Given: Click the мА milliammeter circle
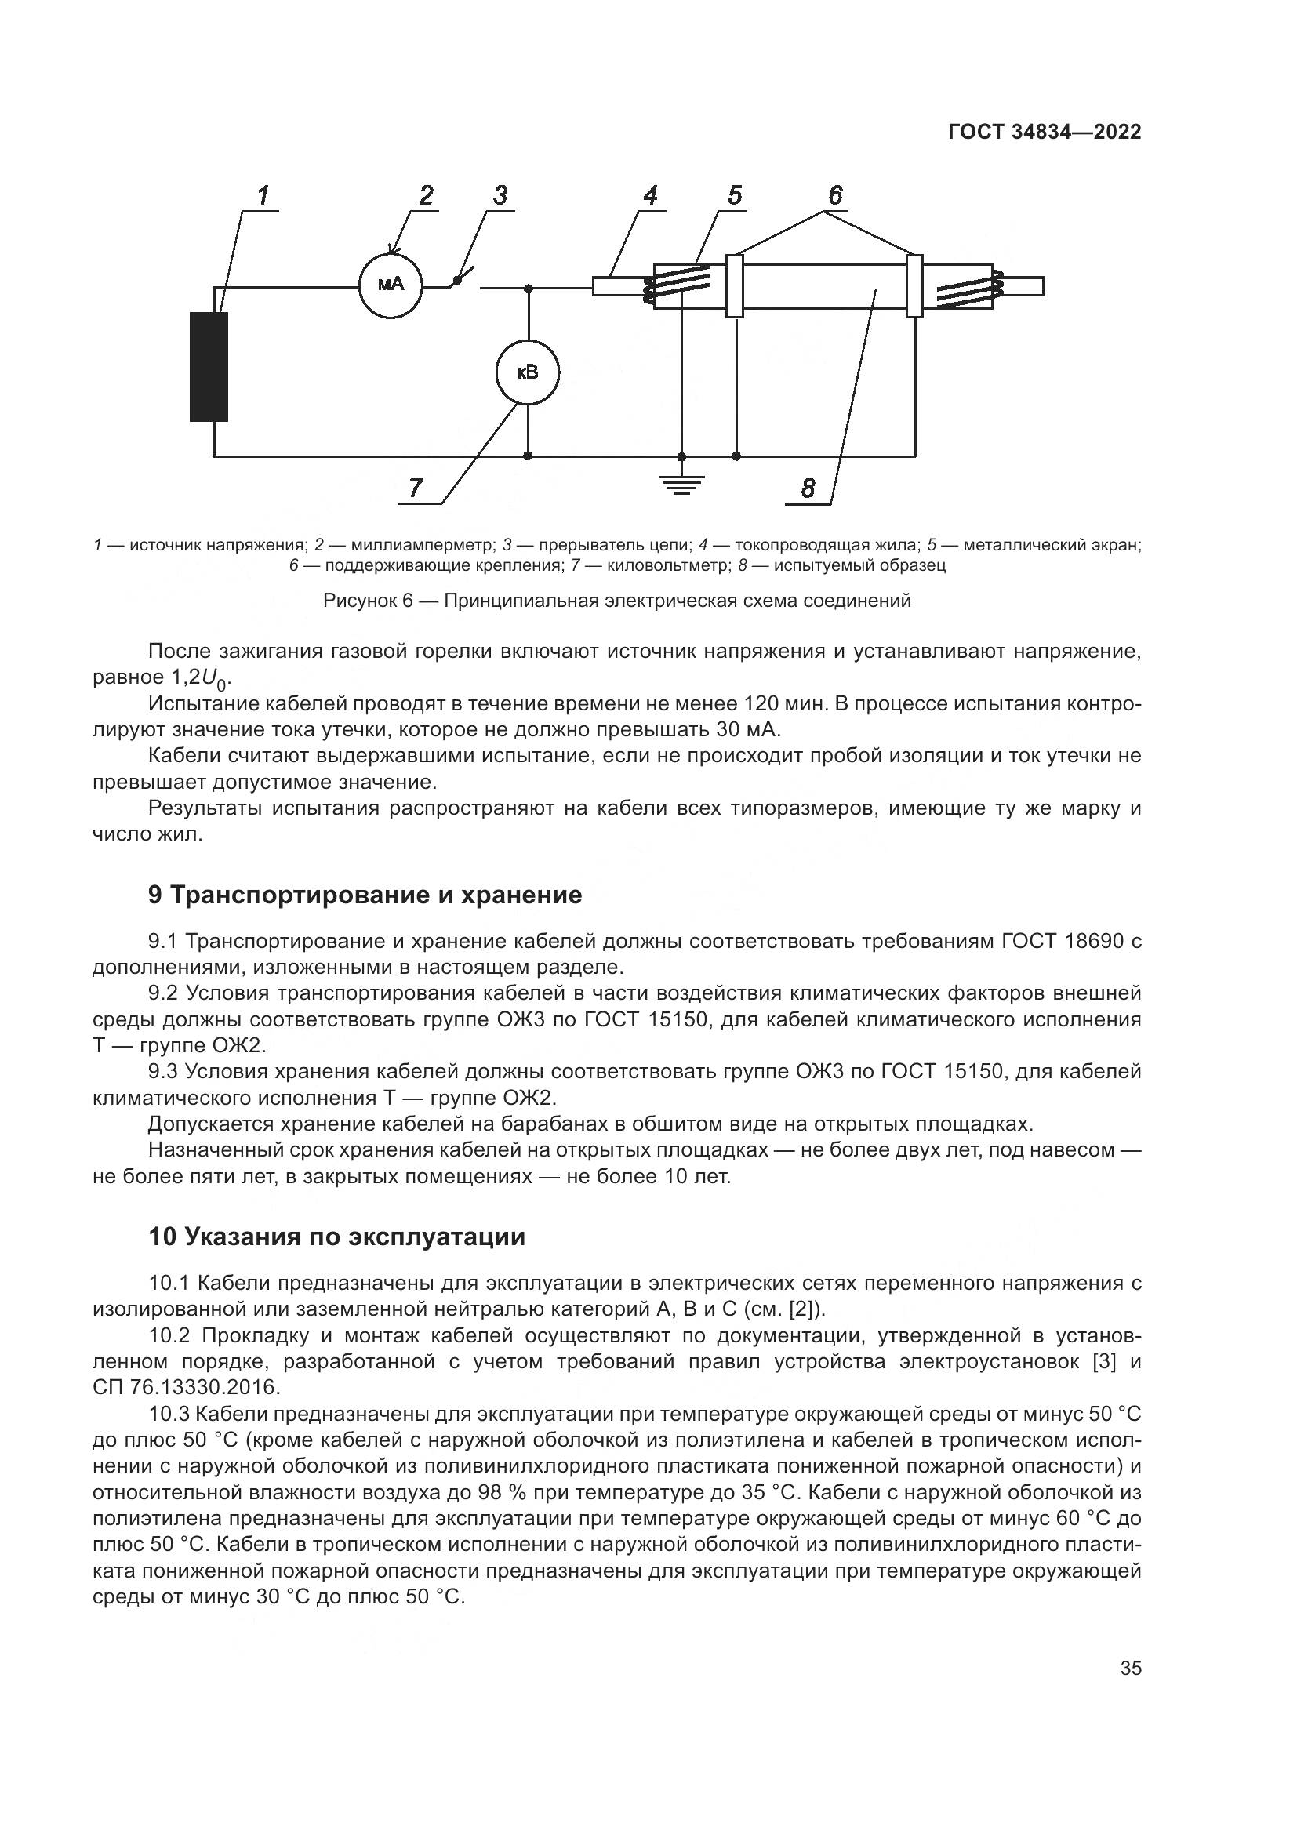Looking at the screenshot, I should click(x=391, y=285).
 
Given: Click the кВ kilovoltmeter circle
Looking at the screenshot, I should click(x=527, y=372).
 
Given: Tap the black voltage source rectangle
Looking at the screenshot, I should click(x=209, y=367).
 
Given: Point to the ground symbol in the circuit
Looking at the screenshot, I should click(x=681, y=482).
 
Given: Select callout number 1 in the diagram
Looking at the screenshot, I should click(x=263, y=195).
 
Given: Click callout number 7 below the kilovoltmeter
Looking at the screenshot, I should click(x=416, y=487).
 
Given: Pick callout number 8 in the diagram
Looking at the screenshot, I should click(x=808, y=488).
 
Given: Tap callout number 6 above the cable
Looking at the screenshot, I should click(x=834, y=195).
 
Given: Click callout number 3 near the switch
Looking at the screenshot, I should click(x=500, y=195).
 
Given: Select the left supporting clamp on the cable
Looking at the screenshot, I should click(x=734, y=286).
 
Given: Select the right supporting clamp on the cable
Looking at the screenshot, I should click(x=914, y=286).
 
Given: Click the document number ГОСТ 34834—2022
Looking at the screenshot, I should click(x=1045, y=133).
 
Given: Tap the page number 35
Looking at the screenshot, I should click(x=1130, y=1669).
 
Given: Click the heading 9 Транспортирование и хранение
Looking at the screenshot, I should click(x=365, y=895).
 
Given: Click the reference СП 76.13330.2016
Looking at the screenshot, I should click(x=186, y=1388).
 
